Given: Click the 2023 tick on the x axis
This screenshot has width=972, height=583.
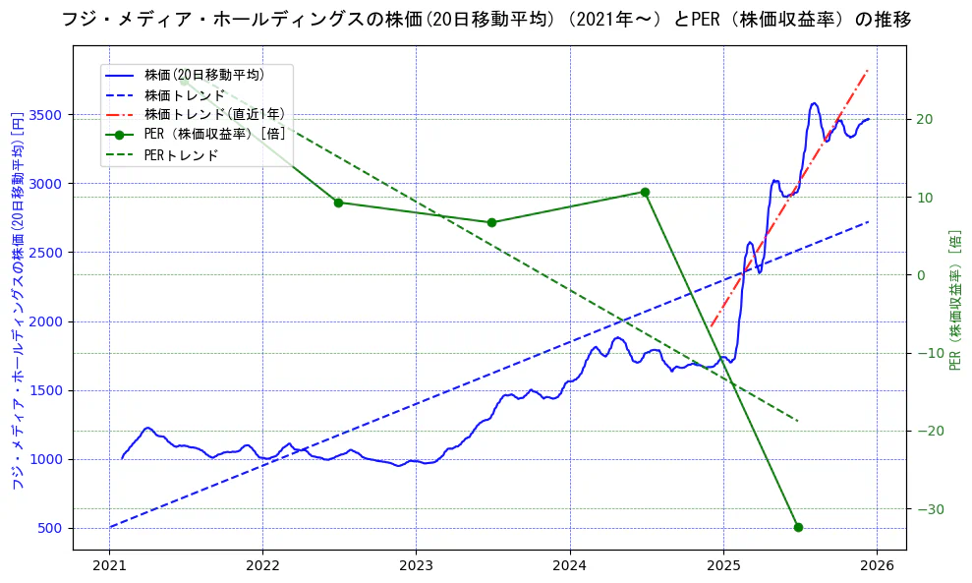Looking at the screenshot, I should point(416,565).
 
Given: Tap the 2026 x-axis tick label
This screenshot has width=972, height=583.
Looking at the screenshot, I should point(877,565).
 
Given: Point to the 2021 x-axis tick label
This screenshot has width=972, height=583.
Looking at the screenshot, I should point(109,565).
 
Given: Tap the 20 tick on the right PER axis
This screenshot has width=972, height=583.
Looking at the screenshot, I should point(924,120).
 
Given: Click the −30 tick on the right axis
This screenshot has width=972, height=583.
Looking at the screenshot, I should point(927,509).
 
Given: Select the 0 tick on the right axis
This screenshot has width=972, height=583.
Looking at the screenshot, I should point(920,275).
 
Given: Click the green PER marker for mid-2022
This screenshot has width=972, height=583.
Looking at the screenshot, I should point(338,203).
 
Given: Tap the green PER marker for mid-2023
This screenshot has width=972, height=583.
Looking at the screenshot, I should point(491,222).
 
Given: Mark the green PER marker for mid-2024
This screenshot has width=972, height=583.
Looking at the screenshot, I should point(645,192).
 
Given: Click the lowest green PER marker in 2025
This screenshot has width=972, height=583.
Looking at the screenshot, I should point(798,527).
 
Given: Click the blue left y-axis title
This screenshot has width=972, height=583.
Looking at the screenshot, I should point(17,301).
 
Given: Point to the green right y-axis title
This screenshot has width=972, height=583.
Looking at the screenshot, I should point(954,301).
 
